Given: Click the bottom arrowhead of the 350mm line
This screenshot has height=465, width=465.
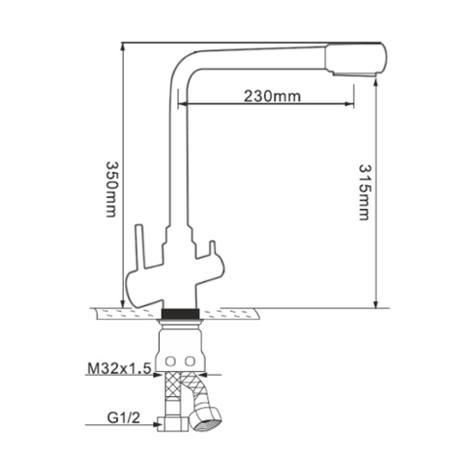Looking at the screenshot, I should point(123,301).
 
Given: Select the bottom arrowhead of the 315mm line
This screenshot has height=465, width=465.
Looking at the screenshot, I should point(376,301).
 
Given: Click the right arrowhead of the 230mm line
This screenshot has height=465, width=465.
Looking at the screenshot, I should point(350,105).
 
